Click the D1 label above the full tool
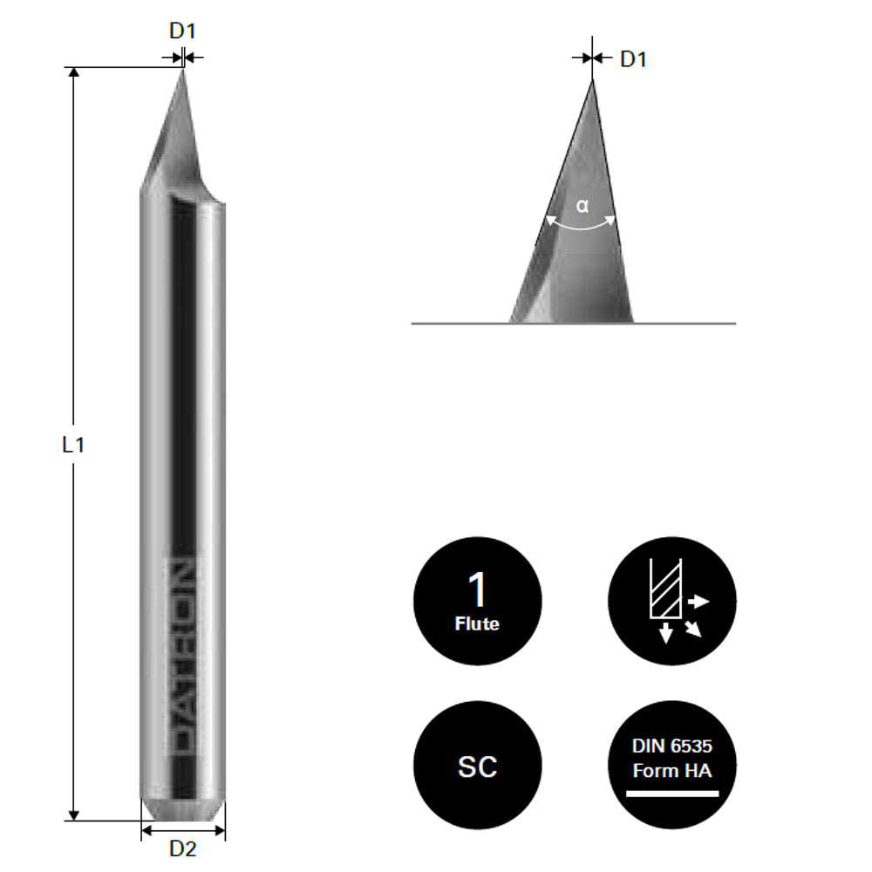click(182, 31)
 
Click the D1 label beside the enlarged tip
click(633, 60)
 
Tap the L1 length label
click(73, 445)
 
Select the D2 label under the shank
click(182, 848)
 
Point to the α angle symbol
click(582, 207)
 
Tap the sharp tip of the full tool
click(182, 71)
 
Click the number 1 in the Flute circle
click(477, 590)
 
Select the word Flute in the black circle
click(477, 624)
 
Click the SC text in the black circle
click(477, 766)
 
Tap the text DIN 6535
click(671, 746)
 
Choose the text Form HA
click(671, 770)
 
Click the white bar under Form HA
click(671, 794)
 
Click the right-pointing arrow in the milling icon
click(699, 602)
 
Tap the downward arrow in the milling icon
click(666, 634)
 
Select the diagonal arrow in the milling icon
click(693, 629)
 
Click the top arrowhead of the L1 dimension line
click(73, 73)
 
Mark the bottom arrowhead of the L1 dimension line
click(73, 814)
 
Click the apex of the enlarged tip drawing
click(593, 81)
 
